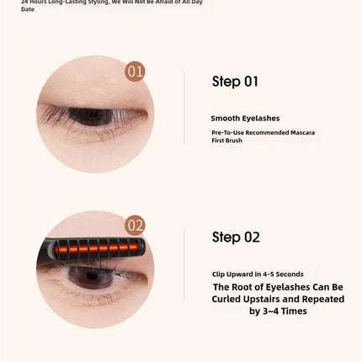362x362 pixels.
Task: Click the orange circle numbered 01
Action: pyautogui.click(x=135, y=72)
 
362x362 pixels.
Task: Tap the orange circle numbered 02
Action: pyautogui.click(x=135, y=225)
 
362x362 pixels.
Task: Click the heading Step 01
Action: pyautogui.click(x=235, y=82)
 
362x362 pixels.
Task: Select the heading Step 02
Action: pyautogui.click(x=236, y=237)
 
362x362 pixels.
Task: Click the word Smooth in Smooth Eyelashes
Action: pyautogui.click(x=225, y=119)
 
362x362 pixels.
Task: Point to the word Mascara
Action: pyautogui.click(x=299, y=133)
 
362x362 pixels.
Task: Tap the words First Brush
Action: pyautogui.click(x=227, y=141)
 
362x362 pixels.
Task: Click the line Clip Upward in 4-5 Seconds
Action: pyautogui.click(x=258, y=274)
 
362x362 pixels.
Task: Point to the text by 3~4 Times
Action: pyautogui.click(x=278, y=311)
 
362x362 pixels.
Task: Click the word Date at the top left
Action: pyautogui.click(x=28, y=9)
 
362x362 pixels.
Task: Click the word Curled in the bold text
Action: pyautogui.click(x=230, y=299)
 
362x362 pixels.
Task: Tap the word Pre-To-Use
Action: pyautogui.click(x=228, y=133)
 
